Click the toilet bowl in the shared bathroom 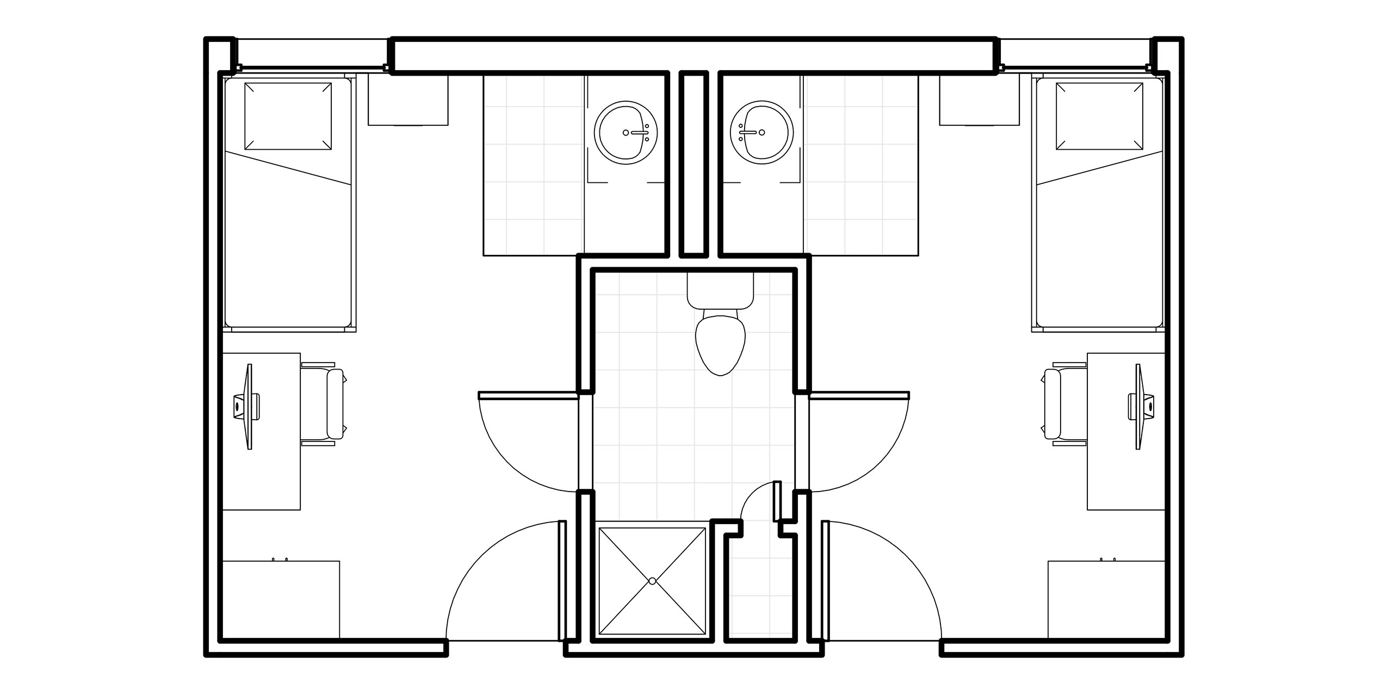[720, 343]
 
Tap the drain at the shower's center [653, 581]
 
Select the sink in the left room [627, 132]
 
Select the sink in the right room [761, 132]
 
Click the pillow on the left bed [288, 116]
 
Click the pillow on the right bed [1099, 116]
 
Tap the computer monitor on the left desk [249, 406]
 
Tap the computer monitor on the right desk [1138, 406]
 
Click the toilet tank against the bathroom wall [720, 290]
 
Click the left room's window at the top [313, 54]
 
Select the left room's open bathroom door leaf [528, 396]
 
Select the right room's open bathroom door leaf [859, 396]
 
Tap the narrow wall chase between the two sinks [694, 163]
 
